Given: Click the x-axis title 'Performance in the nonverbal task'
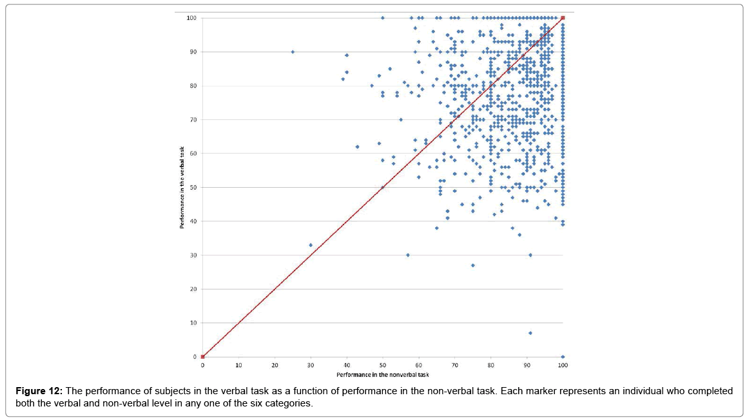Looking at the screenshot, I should [383, 375].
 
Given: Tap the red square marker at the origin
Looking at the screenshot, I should [202, 357].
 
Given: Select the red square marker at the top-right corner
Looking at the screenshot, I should [563, 17].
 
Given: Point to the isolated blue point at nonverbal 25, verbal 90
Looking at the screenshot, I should [293, 52].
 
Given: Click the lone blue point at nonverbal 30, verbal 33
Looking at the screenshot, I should [311, 245].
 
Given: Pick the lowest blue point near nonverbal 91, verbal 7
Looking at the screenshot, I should [530, 333].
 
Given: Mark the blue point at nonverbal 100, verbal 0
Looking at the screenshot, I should [563, 357].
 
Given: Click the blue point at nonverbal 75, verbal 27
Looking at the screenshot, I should [472, 265].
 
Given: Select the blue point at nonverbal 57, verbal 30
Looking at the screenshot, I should [408, 255].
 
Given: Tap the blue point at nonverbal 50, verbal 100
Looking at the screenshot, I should [383, 17].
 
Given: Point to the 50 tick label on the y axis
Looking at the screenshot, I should [193, 187].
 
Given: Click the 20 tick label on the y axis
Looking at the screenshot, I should [193, 289].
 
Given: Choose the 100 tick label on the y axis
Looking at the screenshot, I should [191, 17].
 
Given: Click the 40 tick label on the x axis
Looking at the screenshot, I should [347, 365].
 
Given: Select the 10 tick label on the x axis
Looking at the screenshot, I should [238, 365].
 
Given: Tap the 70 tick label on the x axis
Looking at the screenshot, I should [454, 365].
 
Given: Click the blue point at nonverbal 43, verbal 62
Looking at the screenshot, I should [357, 146].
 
